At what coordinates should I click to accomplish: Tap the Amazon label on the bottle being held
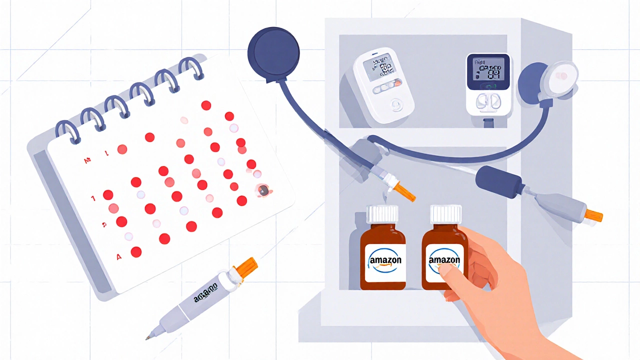tap(444, 261)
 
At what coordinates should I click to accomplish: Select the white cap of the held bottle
tap(446, 213)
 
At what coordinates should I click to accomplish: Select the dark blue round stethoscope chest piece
tap(273, 50)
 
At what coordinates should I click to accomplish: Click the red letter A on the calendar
tap(119, 257)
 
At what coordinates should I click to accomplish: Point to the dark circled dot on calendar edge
tap(263, 189)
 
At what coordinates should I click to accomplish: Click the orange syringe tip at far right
tap(593, 215)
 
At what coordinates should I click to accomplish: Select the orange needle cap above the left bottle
tap(405, 192)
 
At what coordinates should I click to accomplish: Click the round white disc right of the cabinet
tap(562, 74)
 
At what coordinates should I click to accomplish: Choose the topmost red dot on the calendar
tap(205, 105)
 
